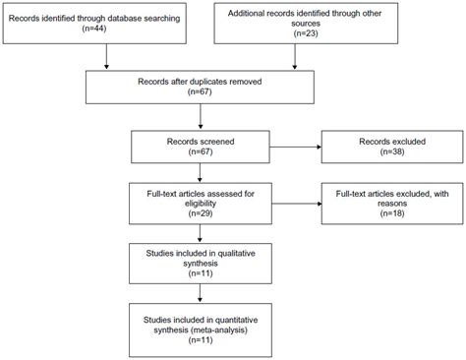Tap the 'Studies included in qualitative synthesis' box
coord(201,262)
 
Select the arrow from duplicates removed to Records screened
coord(201,120)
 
